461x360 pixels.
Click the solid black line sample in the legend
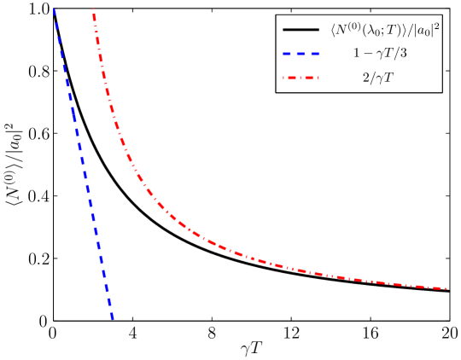[x=301, y=31]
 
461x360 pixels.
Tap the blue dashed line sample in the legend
[x=301, y=53]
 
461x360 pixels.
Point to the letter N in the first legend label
[x=342, y=31]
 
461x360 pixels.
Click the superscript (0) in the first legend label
[x=354, y=26]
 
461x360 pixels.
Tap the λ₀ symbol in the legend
[x=371, y=31]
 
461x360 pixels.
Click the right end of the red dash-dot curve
[x=447, y=288]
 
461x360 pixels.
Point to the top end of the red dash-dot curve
[x=92, y=9]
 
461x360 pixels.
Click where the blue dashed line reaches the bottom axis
[x=112, y=320]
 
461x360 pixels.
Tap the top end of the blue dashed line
[x=54, y=9]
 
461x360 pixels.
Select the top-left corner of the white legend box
[x=276, y=15]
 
